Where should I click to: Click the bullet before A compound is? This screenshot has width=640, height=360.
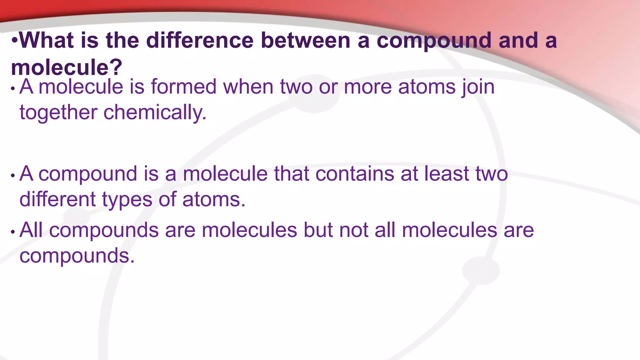(x=13, y=176)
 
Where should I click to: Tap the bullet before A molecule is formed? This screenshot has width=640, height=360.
(x=13, y=89)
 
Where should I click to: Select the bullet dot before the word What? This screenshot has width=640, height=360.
(x=14, y=41)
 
